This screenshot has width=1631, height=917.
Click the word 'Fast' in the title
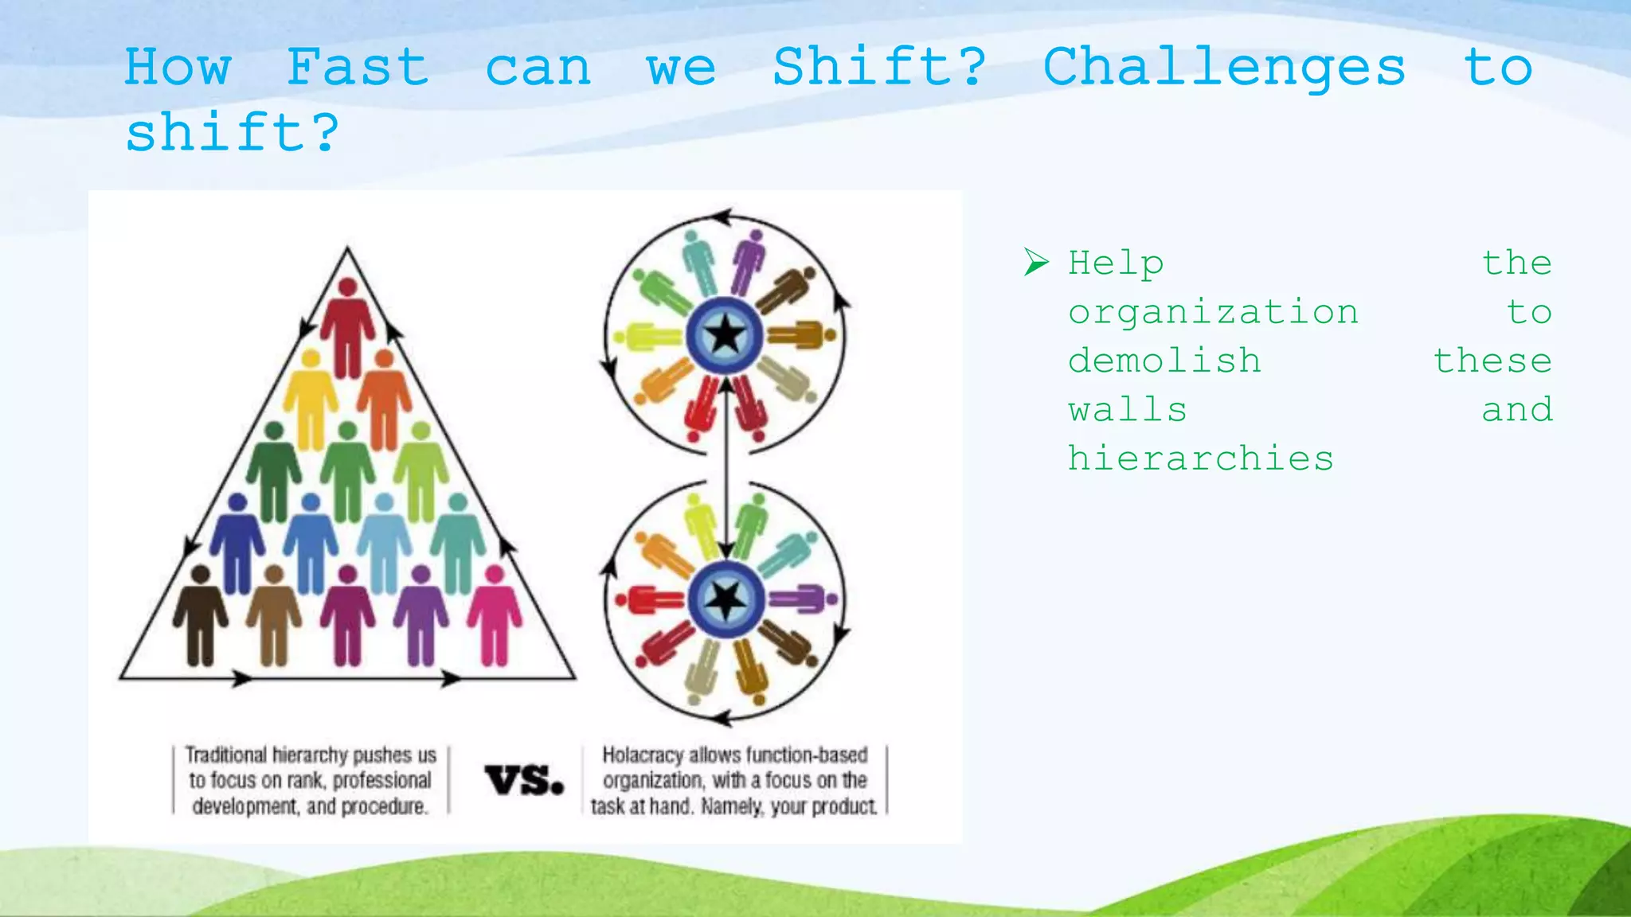click(x=358, y=67)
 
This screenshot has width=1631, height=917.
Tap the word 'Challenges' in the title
click(x=1224, y=67)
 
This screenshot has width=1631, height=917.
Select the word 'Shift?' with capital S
click(x=879, y=67)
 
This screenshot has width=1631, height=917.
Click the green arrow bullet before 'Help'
click(x=1036, y=262)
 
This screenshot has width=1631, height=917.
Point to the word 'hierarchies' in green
click(x=1200, y=458)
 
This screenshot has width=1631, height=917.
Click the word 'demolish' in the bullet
click(x=1164, y=361)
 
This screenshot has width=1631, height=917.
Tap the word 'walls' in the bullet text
click(x=1128, y=410)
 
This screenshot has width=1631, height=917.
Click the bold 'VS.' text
click(x=524, y=780)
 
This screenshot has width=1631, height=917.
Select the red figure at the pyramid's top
click(x=347, y=326)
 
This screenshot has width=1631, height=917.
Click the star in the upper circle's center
click(x=725, y=335)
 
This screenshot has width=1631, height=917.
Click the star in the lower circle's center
click(x=726, y=599)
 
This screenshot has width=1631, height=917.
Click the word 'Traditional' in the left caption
click(x=226, y=755)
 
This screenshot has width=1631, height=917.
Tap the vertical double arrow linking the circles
click(x=726, y=470)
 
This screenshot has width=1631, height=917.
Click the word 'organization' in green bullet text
click(x=1213, y=312)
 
